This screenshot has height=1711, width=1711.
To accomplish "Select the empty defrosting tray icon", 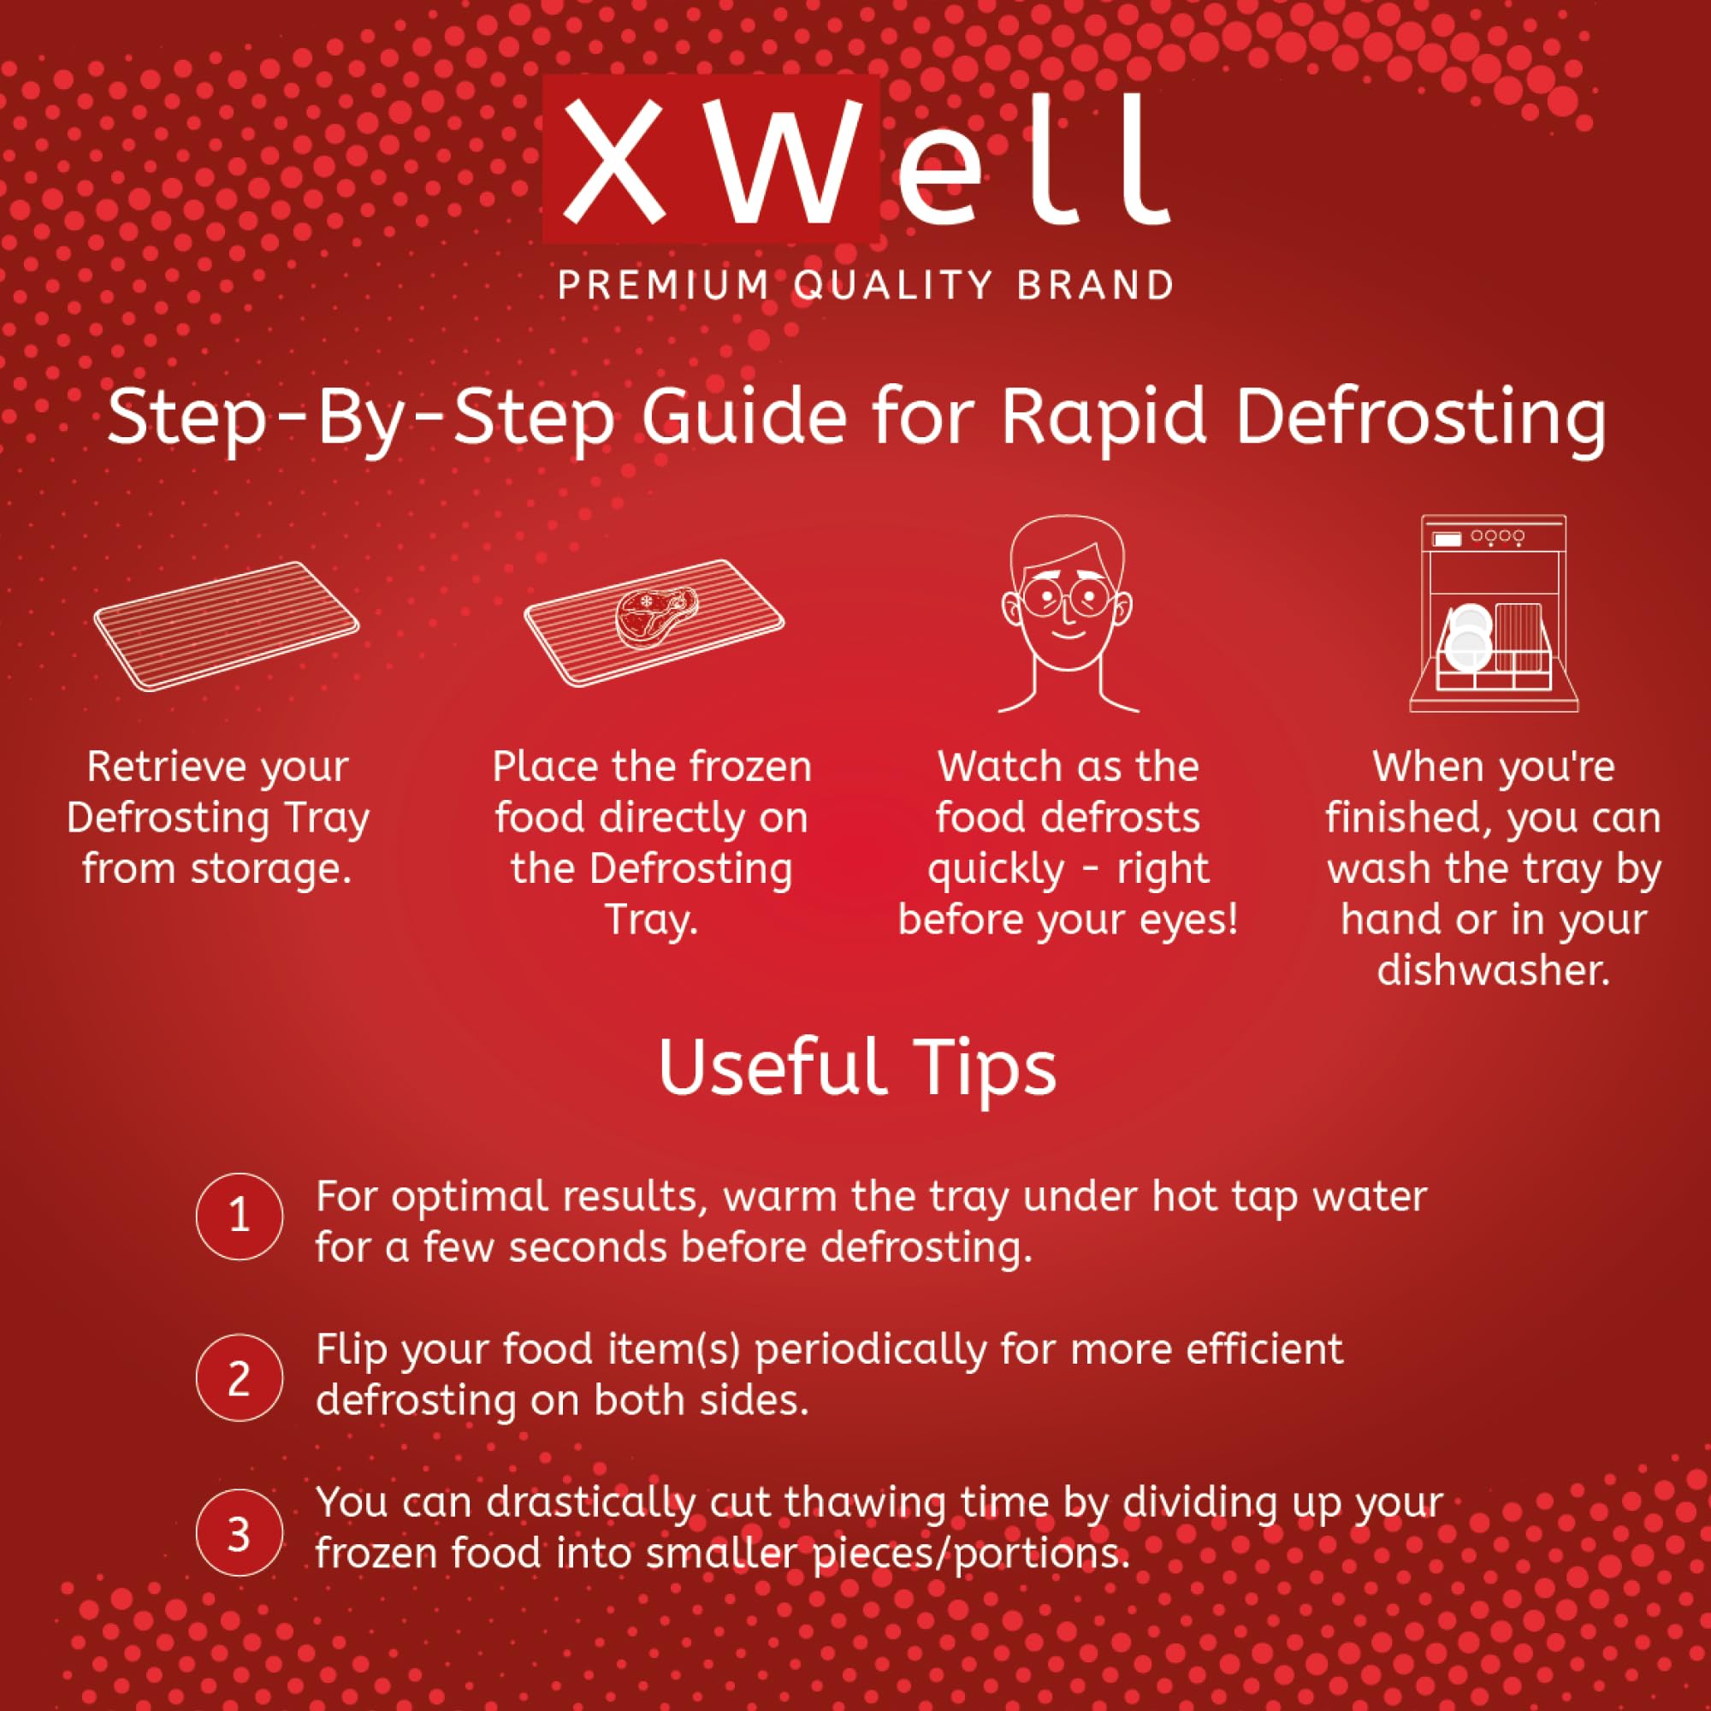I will (x=227, y=625).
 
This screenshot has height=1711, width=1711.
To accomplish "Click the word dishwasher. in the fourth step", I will (x=1493, y=972).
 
